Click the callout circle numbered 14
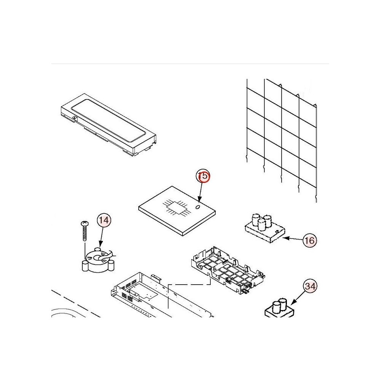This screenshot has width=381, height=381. [x=104, y=220]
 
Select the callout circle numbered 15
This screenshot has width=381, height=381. [x=203, y=176]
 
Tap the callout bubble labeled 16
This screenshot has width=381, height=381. [x=309, y=240]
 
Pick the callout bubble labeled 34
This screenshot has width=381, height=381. [x=310, y=286]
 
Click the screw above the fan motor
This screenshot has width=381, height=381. [x=85, y=231]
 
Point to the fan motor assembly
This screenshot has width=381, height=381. [x=98, y=260]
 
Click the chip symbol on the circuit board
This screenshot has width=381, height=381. [x=177, y=207]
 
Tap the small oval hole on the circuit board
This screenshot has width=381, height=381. [x=198, y=207]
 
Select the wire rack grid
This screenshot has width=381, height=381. [x=282, y=141]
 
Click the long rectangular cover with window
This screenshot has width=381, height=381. [x=108, y=124]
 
